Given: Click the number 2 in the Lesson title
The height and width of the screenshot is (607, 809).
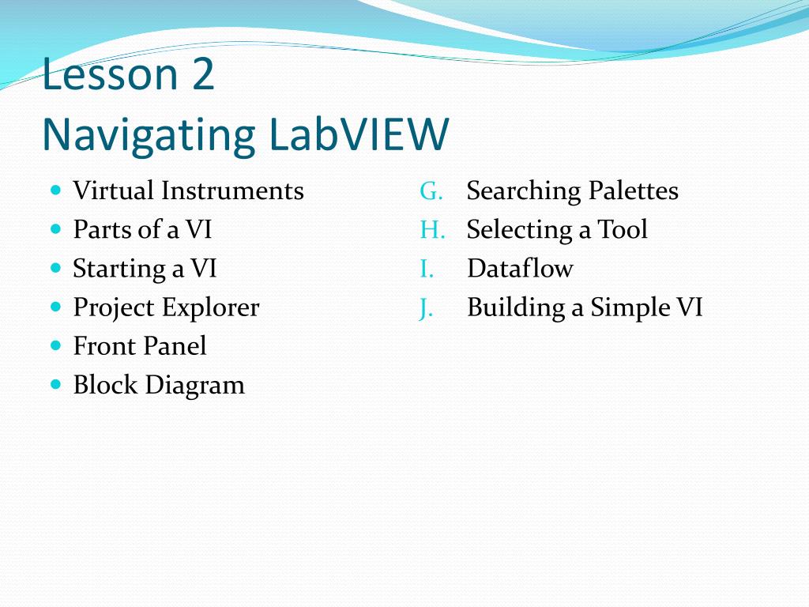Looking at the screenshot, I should tap(201, 75).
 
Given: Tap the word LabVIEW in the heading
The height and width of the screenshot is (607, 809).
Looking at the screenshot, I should tap(358, 135).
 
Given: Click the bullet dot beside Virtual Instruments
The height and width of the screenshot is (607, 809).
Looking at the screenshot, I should tap(55, 190).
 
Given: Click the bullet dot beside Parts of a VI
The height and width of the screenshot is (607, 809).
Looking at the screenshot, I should tap(55, 229).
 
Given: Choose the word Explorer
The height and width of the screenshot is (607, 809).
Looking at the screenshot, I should tap(211, 307).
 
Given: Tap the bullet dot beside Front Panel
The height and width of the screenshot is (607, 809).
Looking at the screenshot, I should tap(55, 345).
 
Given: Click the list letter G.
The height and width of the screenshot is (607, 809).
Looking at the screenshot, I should tap(431, 191).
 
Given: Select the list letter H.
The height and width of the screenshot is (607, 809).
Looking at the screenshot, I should tap(432, 230).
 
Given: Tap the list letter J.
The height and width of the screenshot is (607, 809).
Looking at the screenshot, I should tap(427, 307).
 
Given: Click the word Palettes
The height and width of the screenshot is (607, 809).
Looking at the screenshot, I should tap(633, 191).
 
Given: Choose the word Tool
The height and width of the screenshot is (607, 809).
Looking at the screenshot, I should tap(623, 230).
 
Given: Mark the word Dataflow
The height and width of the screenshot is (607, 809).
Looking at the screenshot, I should tap(520, 269).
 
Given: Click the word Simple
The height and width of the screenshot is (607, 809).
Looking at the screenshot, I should tap(627, 308).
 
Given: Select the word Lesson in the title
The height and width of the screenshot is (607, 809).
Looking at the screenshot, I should tap(110, 75).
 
